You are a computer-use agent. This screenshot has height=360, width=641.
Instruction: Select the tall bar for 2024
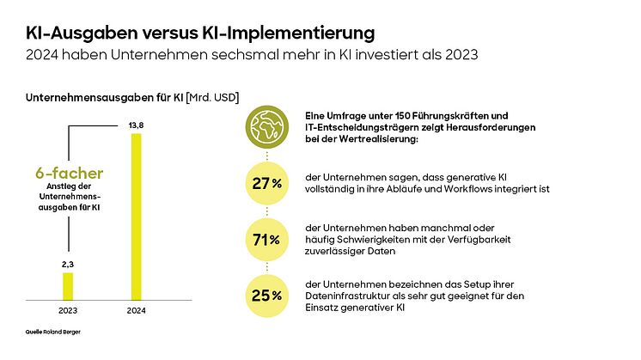[134, 215]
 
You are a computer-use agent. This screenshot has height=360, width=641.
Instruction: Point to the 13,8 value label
[134, 125]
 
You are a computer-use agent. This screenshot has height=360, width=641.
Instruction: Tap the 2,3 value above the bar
[68, 265]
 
